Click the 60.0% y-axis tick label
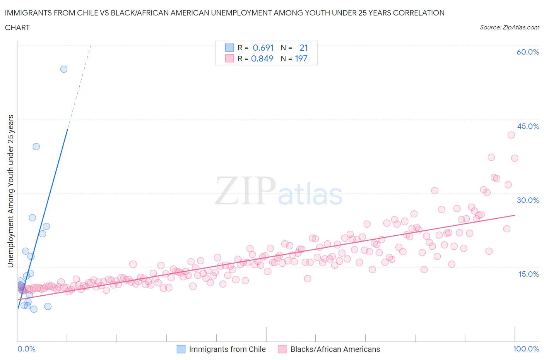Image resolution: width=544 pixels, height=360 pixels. [528, 52]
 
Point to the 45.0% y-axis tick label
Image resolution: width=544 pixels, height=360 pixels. [528, 126]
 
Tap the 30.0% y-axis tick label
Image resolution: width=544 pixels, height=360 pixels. [528, 200]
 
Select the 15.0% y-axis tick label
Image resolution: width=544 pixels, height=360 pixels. [528, 274]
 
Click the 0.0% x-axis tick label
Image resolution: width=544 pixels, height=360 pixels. [26, 349]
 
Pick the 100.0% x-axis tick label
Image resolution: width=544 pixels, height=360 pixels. [526, 349]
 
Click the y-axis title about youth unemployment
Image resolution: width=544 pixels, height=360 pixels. [10, 191]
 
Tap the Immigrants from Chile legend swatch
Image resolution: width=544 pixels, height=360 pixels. [181, 349]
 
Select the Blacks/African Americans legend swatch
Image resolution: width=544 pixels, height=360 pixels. [282, 349]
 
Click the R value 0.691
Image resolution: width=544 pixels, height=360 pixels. [263, 48]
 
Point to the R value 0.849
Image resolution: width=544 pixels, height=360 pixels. [262, 58]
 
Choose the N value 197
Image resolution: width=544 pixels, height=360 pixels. [301, 58]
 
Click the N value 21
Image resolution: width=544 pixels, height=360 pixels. [304, 48]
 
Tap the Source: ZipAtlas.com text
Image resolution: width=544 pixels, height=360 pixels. [509, 27]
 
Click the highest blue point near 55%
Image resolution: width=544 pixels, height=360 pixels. [64, 69]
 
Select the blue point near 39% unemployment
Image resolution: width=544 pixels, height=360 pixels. [36, 147]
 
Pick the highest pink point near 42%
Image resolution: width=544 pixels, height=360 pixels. [511, 135]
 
